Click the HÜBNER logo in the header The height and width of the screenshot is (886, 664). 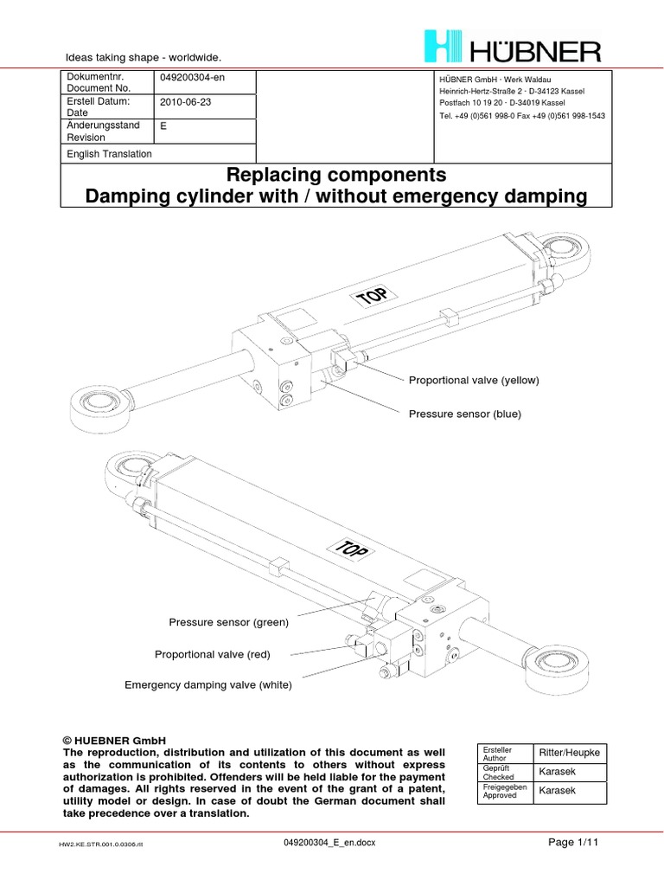click(513, 47)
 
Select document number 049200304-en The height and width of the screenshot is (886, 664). click(192, 77)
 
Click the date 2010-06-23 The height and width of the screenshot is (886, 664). click(185, 102)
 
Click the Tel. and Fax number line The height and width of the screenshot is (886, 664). click(522, 116)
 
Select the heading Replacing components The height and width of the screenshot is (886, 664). click(336, 175)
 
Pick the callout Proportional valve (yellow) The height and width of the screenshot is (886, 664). click(474, 381)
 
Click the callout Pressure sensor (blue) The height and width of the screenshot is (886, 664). click(464, 414)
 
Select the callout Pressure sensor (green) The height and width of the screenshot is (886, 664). click(228, 622)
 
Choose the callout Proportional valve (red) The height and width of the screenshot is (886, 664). click(213, 654)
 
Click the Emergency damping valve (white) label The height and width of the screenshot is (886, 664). click(208, 685)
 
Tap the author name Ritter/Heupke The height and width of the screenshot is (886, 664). click(569, 753)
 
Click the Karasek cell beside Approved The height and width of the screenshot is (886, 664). click(558, 791)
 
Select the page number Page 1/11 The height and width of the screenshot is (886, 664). click(573, 843)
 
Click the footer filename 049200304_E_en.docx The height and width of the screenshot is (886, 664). click(329, 843)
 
